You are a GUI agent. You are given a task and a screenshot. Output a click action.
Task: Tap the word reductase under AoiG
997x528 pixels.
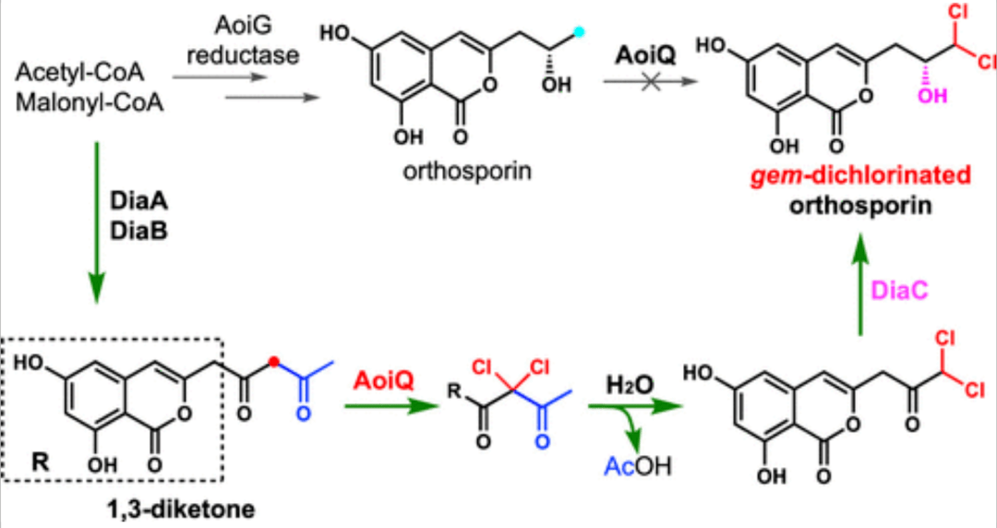click(243, 55)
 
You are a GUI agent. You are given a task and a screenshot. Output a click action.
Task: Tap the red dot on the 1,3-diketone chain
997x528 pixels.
click(274, 363)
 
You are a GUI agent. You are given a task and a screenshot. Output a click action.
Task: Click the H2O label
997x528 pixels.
click(627, 380)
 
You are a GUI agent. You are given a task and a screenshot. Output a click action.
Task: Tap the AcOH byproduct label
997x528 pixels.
click(635, 466)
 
